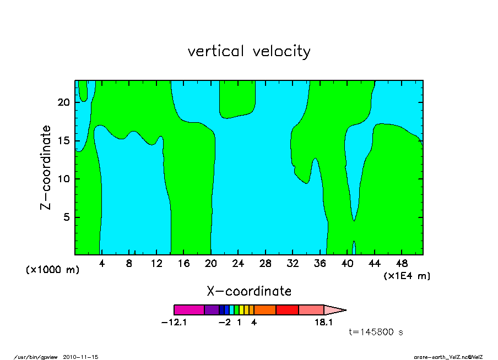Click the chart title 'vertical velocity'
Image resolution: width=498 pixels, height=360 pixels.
(x=249, y=52)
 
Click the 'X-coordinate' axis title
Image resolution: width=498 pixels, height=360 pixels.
(x=249, y=291)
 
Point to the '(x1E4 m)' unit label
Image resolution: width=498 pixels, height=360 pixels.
(x=407, y=276)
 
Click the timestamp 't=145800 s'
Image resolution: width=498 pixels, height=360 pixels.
(x=376, y=332)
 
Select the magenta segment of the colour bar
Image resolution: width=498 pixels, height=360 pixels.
(x=189, y=310)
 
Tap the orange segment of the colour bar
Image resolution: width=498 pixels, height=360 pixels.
(x=264, y=310)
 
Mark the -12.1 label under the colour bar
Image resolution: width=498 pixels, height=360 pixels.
(x=174, y=323)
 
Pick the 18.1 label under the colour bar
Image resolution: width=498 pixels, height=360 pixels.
(x=323, y=323)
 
